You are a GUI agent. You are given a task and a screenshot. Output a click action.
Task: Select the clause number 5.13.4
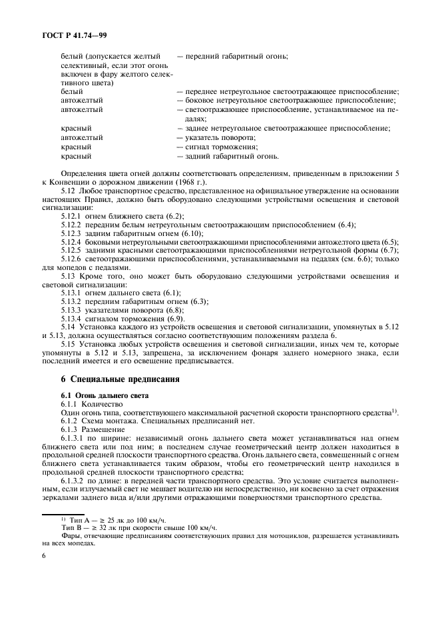72,319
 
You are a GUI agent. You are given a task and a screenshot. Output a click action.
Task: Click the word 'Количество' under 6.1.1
101,405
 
